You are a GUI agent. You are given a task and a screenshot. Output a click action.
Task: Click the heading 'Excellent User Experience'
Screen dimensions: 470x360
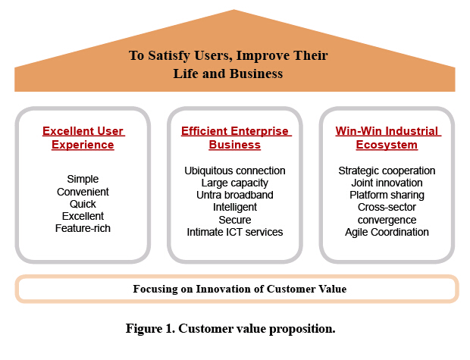83,138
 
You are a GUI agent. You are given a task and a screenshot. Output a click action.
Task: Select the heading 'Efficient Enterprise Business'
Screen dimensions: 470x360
235,138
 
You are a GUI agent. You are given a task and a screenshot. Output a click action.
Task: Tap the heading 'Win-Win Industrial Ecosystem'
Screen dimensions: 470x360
387,138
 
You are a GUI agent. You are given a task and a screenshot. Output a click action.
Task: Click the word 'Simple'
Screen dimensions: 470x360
83,180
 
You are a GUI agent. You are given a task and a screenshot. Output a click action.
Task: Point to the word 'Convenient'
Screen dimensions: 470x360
83,192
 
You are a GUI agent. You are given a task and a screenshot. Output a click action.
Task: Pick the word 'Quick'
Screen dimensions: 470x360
83,204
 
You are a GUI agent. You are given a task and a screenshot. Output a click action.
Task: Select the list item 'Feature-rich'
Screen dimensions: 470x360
83,228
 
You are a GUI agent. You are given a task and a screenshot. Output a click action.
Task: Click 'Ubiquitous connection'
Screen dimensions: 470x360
235,171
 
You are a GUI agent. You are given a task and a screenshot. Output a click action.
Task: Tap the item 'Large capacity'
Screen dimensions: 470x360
235,183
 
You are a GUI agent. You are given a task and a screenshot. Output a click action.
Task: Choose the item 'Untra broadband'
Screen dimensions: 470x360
235,195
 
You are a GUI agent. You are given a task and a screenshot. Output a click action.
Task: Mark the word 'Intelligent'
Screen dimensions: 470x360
235,208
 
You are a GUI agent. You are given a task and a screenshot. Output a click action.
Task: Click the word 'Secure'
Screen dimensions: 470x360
235,220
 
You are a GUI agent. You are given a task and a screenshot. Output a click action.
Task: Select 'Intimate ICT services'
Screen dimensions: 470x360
235,233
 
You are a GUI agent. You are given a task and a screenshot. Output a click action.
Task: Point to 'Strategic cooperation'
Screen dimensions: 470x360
387,171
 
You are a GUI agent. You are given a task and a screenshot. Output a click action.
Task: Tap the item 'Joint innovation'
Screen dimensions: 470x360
387,183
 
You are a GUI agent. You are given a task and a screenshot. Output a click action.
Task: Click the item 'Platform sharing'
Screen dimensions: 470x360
387,196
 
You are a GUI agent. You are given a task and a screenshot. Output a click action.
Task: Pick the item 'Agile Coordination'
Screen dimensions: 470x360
387,233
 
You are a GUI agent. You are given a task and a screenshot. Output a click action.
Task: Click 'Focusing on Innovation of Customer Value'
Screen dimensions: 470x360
240,289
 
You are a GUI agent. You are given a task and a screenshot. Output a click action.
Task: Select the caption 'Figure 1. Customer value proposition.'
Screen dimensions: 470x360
230,329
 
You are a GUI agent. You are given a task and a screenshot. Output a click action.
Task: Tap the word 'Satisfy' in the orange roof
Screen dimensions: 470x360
169,56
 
